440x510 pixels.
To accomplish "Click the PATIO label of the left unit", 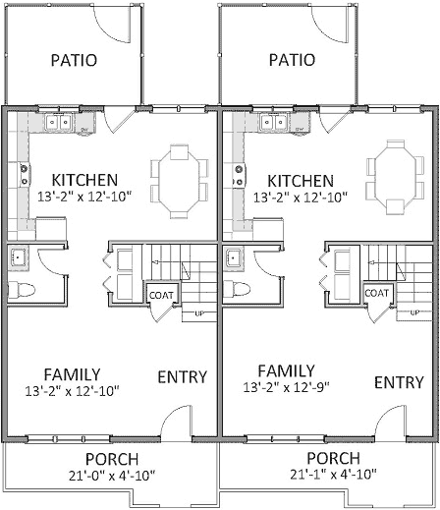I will coord(74,60).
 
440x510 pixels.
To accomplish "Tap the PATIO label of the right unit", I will coord(292,60).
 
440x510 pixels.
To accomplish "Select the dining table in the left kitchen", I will coord(179,182).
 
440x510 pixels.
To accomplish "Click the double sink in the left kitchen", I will coord(58,124).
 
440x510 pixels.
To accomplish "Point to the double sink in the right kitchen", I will coord(274,124).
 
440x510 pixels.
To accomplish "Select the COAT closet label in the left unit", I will coord(161,293).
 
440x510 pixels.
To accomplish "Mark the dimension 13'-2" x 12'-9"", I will coord(286,387).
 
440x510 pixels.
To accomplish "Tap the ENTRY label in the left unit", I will coord(182,376).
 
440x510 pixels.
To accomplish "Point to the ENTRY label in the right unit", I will coord(398,381).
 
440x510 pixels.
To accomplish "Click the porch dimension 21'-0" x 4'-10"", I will coord(110,476).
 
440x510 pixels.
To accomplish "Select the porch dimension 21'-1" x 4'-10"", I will coord(332,475).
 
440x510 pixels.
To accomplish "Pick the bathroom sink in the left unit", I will coord(19,258).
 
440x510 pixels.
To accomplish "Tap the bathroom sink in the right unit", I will coord(236,258).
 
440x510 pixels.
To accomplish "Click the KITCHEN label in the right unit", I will coord(301,181).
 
